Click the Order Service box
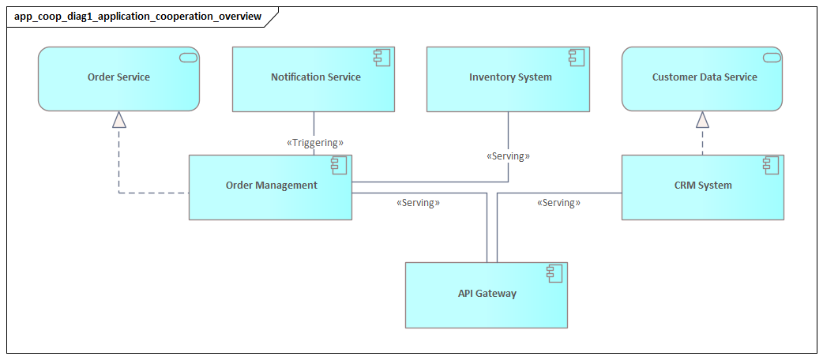(118, 78)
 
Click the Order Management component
(270, 186)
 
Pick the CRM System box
(702, 186)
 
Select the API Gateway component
(487, 294)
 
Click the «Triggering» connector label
(314, 143)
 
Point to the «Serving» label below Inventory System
(508, 156)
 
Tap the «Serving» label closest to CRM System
(558, 203)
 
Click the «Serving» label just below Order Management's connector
(418, 203)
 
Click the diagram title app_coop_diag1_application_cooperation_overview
(137, 16)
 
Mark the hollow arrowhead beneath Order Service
(118, 119)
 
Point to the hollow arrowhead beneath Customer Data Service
(702, 119)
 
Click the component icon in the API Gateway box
(554, 273)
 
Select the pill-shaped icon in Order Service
(187, 57)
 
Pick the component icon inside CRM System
(770, 165)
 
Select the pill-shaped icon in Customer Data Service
(770, 57)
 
